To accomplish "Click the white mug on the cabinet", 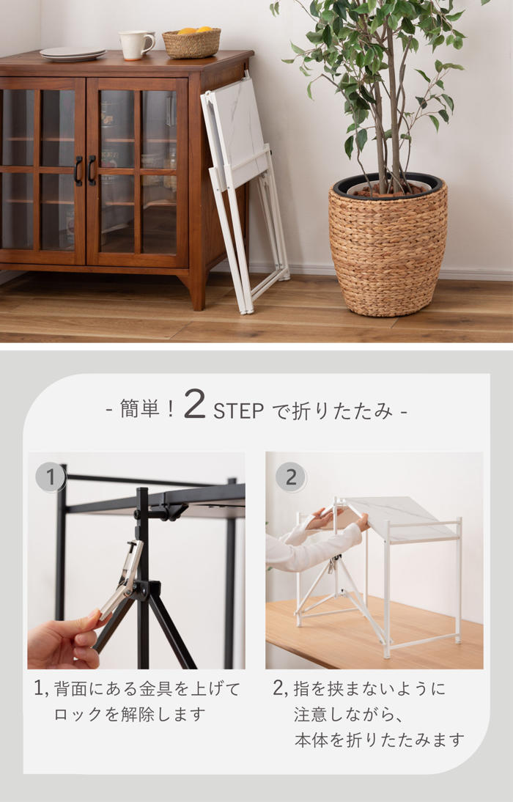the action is click(x=136, y=45).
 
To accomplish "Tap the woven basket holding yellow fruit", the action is click(x=192, y=43).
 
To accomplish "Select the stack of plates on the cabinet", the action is click(x=73, y=54).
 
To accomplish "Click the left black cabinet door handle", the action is click(x=78, y=171).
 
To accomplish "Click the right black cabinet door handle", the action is click(x=92, y=171).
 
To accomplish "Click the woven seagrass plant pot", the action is click(x=388, y=246).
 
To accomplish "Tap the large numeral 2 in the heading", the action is click(x=194, y=403).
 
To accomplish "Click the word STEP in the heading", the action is click(x=238, y=411).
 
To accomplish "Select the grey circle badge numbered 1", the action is click(x=50, y=478).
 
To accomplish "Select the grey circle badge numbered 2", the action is click(x=290, y=478).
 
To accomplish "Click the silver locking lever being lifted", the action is click(x=122, y=578).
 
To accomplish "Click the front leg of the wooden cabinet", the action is click(x=197, y=290).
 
